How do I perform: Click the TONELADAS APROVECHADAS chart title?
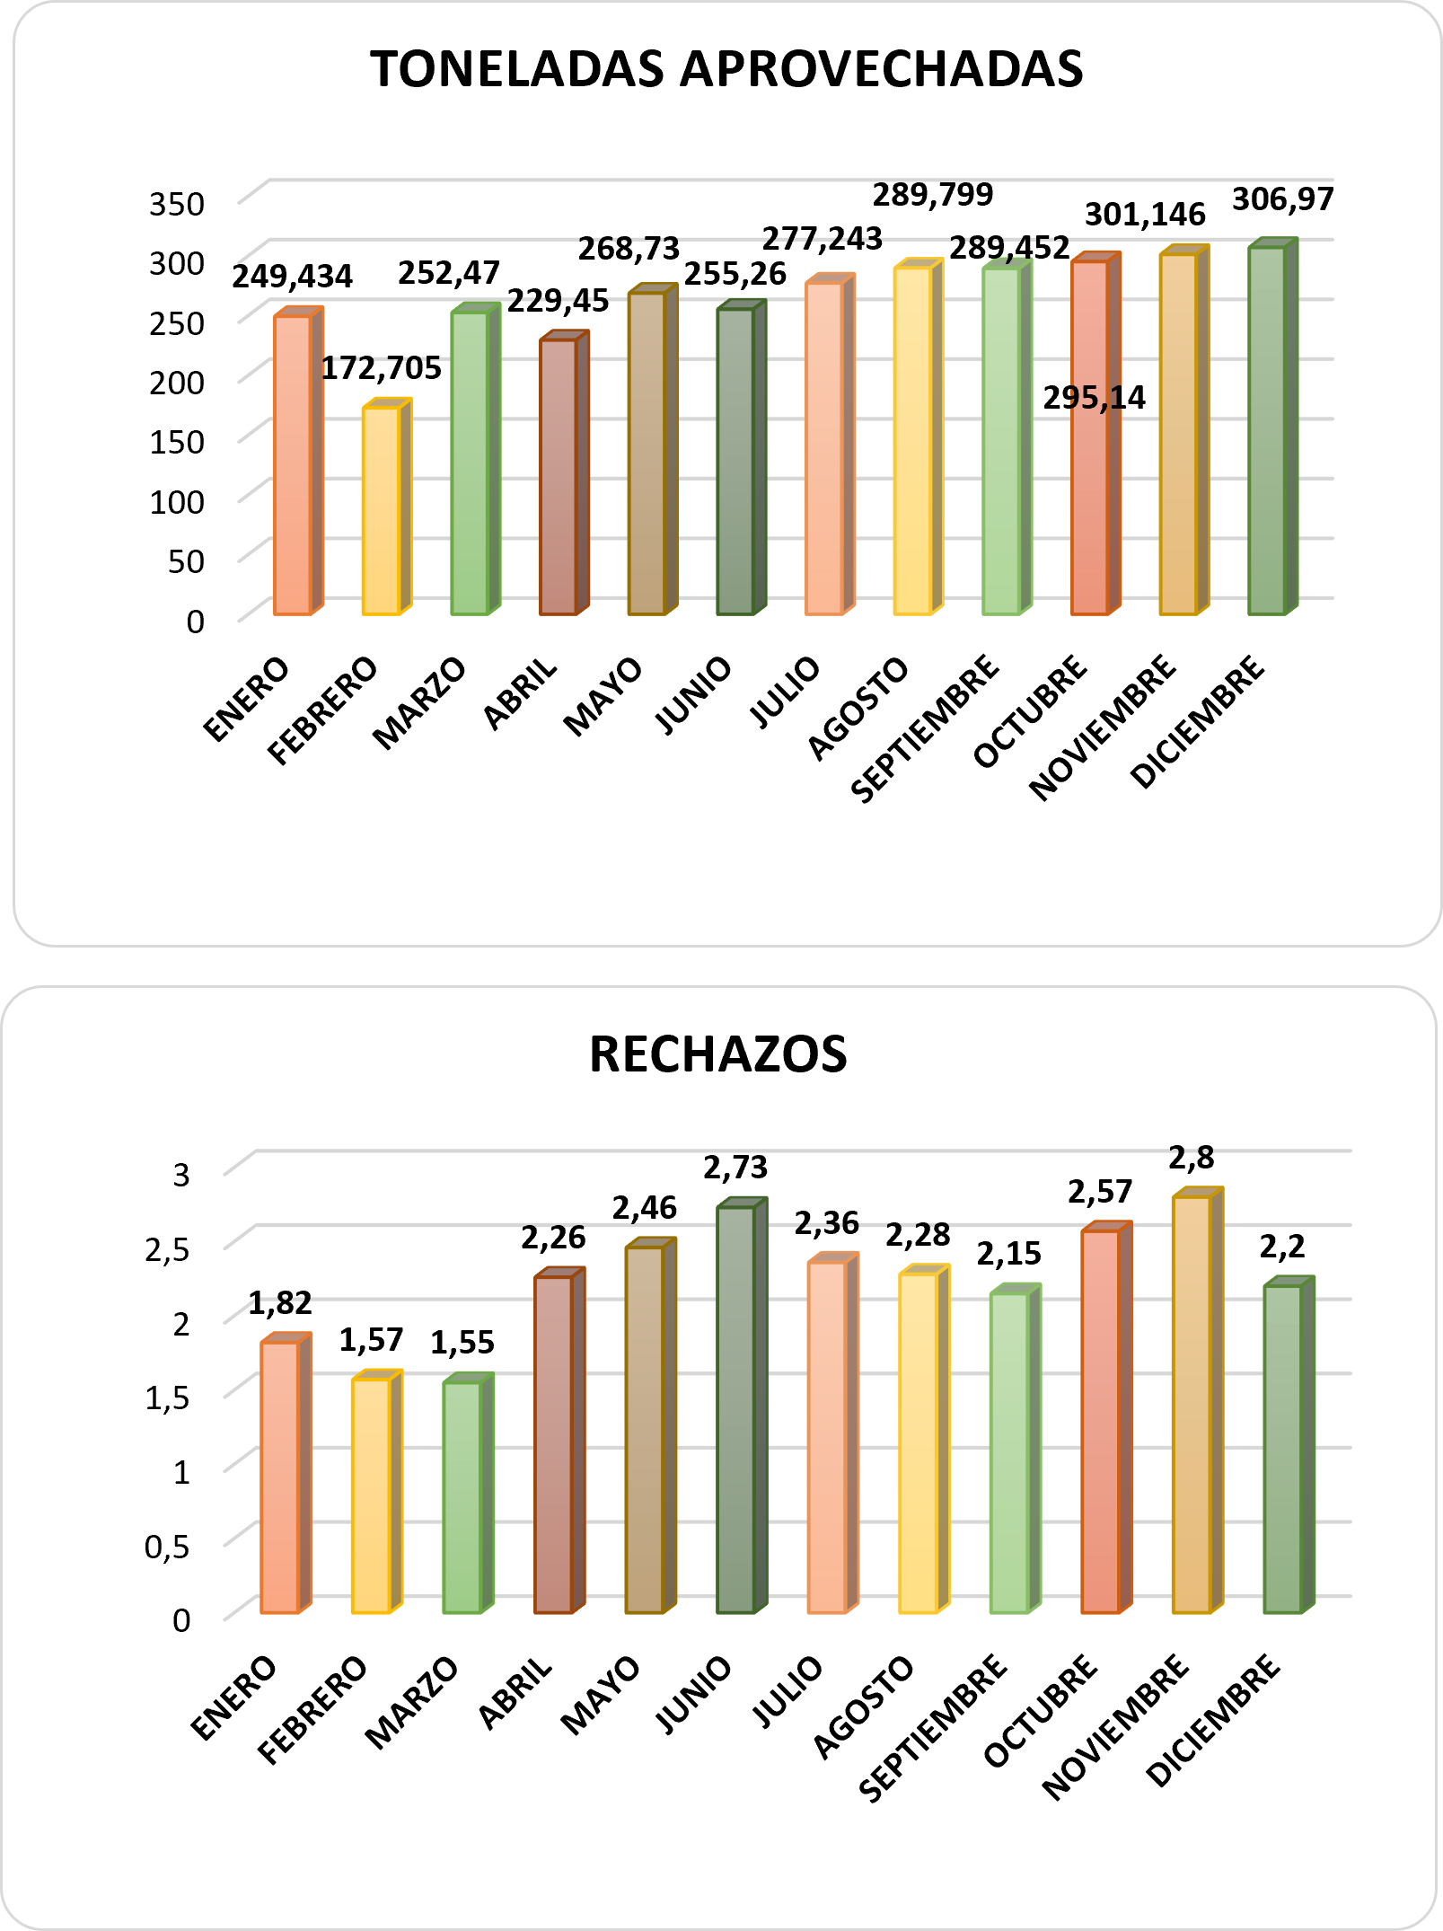[726, 69]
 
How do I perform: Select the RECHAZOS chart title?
[717, 1054]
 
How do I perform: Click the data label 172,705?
[381, 368]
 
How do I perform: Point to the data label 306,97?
[1282, 199]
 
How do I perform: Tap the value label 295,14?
[1094, 398]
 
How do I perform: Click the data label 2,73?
[735, 1168]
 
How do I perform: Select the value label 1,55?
[462, 1343]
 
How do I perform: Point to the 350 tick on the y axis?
[177, 204]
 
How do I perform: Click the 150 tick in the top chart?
[177, 442]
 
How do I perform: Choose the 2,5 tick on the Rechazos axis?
[168, 1248]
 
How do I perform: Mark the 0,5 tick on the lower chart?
[168, 1546]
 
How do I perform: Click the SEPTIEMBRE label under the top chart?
[925, 729]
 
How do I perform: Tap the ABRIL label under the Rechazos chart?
[515, 1694]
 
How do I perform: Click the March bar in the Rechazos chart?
[462, 1496]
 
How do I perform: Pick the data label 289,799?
[933, 195]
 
